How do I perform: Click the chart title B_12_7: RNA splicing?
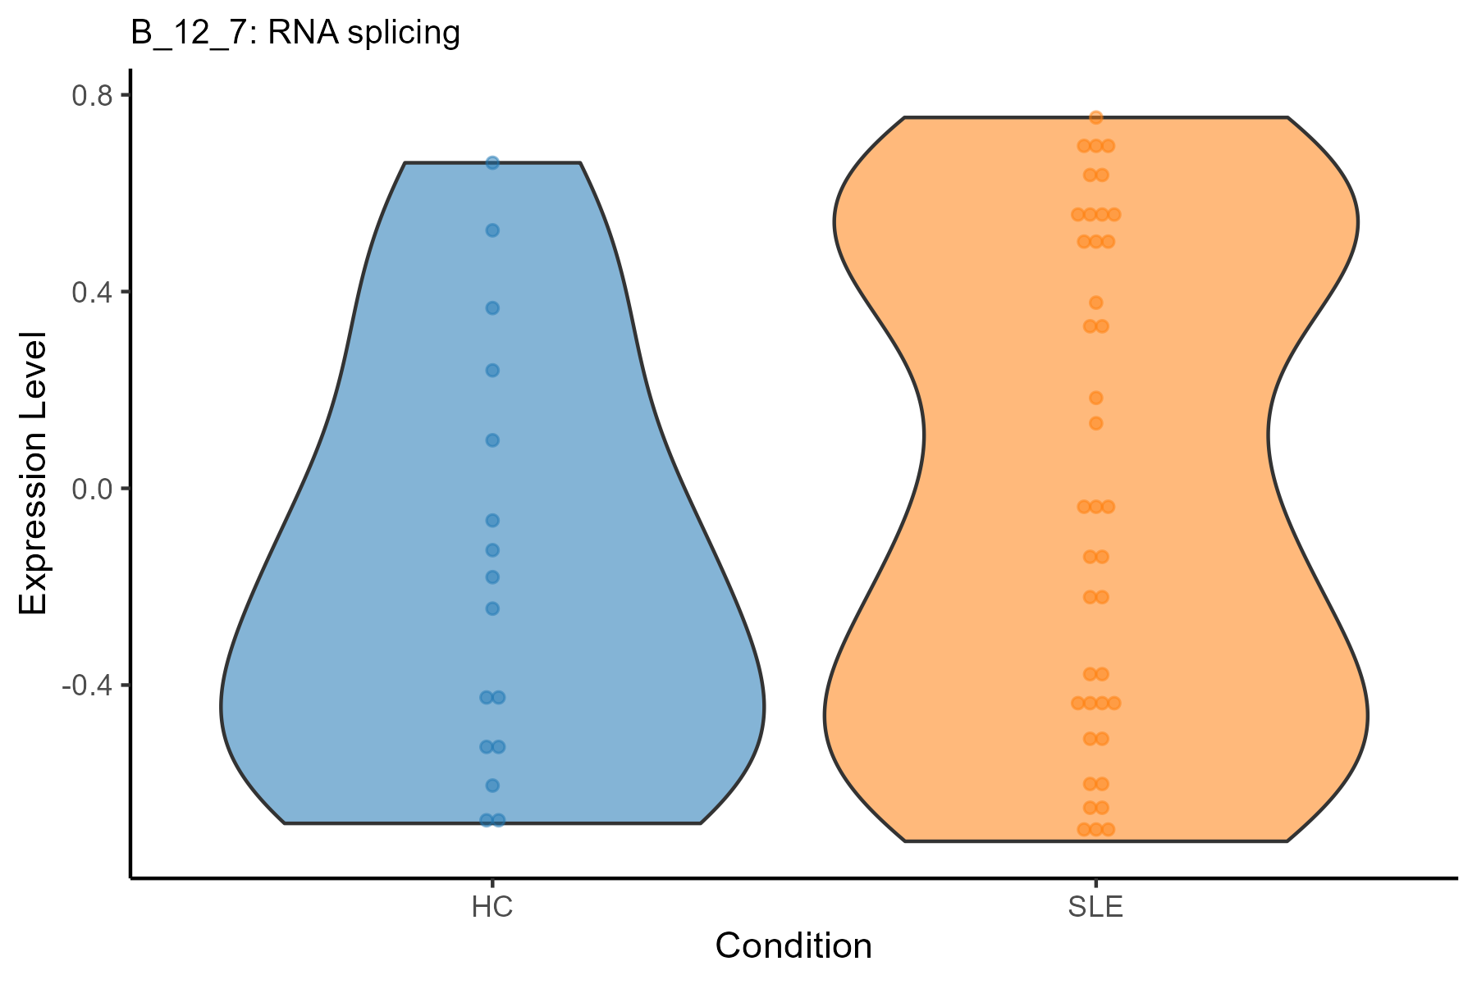click(295, 34)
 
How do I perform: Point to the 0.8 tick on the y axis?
click(126, 94)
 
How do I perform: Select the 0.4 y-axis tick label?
click(91, 292)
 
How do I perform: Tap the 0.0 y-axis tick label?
click(91, 489)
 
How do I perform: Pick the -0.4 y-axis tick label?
click(86, 686)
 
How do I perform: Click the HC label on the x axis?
click(492, 909)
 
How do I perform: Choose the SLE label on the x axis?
click(1095, 909)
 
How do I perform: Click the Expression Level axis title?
click(34, 474)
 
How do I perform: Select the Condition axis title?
click(793, 946)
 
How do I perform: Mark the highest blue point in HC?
click(492, 163)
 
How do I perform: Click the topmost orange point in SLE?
click(1095, 117)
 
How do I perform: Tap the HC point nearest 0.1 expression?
click(492, 440)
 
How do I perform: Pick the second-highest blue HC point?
click(492, 230)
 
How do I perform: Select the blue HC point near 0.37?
click(492, 308)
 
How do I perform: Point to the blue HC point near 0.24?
click(492, 371)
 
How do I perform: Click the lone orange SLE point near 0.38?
click(1095, 303)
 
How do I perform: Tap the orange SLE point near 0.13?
click(1095, 424)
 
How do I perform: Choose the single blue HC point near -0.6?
click(492, 786)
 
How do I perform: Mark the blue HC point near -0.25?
click(492, 608)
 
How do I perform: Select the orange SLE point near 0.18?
click(1095, 399)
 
